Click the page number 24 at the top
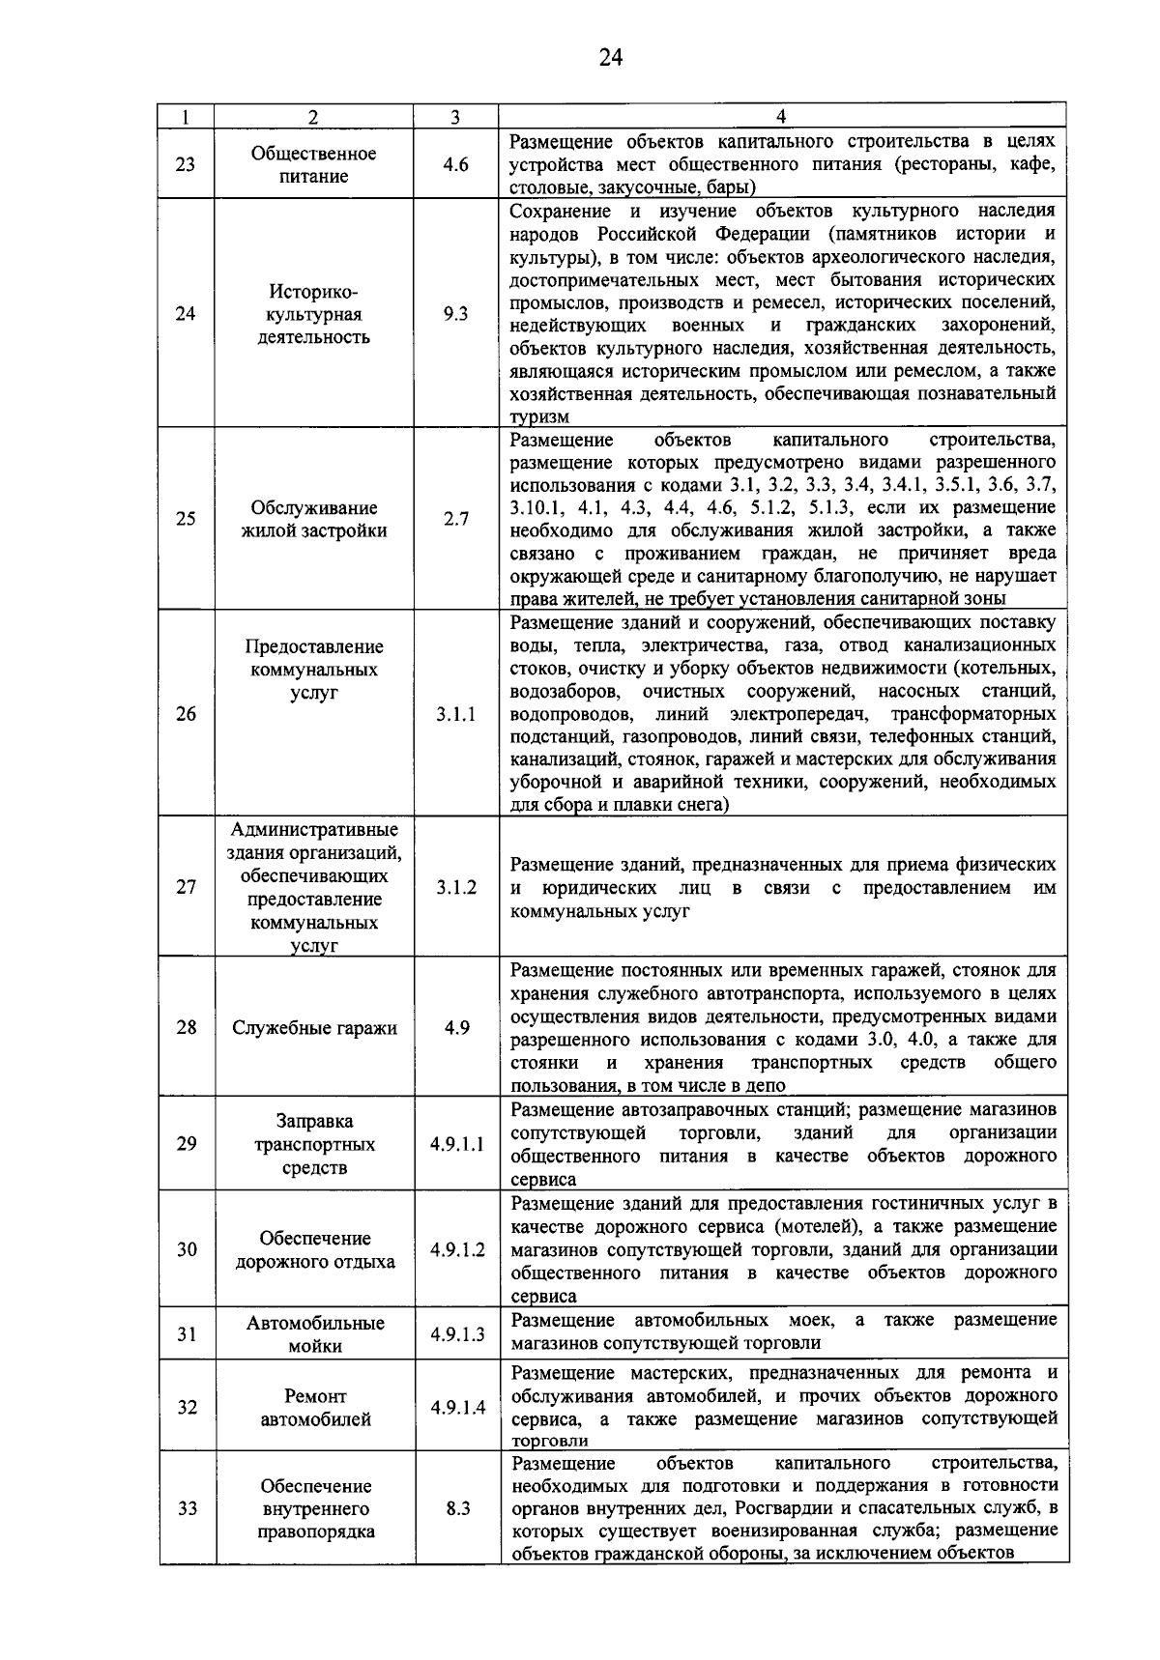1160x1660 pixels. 610,58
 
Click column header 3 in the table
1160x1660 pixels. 455,117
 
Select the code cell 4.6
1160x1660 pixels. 455,164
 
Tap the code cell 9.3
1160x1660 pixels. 455,313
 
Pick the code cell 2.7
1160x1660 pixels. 455,519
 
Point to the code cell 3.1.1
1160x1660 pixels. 455,715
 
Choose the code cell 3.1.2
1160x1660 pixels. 455,888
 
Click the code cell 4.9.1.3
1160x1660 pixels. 457,1334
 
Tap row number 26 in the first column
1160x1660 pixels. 186,714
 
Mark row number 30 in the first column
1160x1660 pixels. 187,1249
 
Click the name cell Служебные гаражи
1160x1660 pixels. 314,1028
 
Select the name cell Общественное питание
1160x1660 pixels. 314,165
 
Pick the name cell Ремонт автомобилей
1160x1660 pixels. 314,1408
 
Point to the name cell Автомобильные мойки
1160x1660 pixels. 314,1334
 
